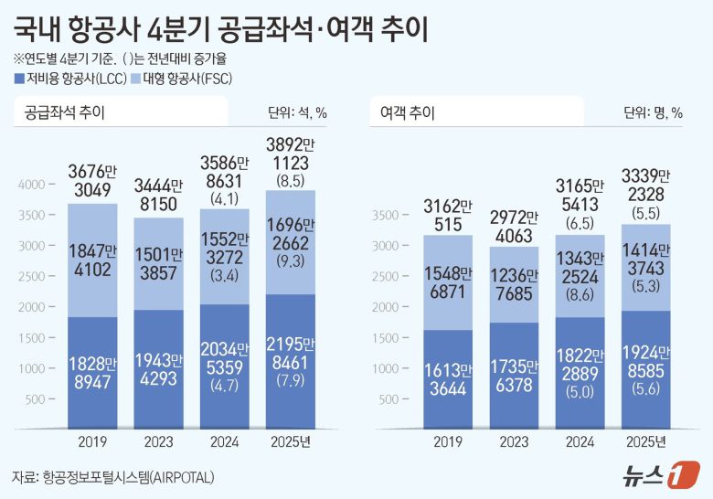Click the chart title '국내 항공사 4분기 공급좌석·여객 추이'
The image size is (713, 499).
(220, 27)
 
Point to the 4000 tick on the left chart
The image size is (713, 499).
(30, 185)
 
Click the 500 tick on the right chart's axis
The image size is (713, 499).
(388, 399)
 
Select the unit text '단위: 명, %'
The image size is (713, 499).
(653, 113)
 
